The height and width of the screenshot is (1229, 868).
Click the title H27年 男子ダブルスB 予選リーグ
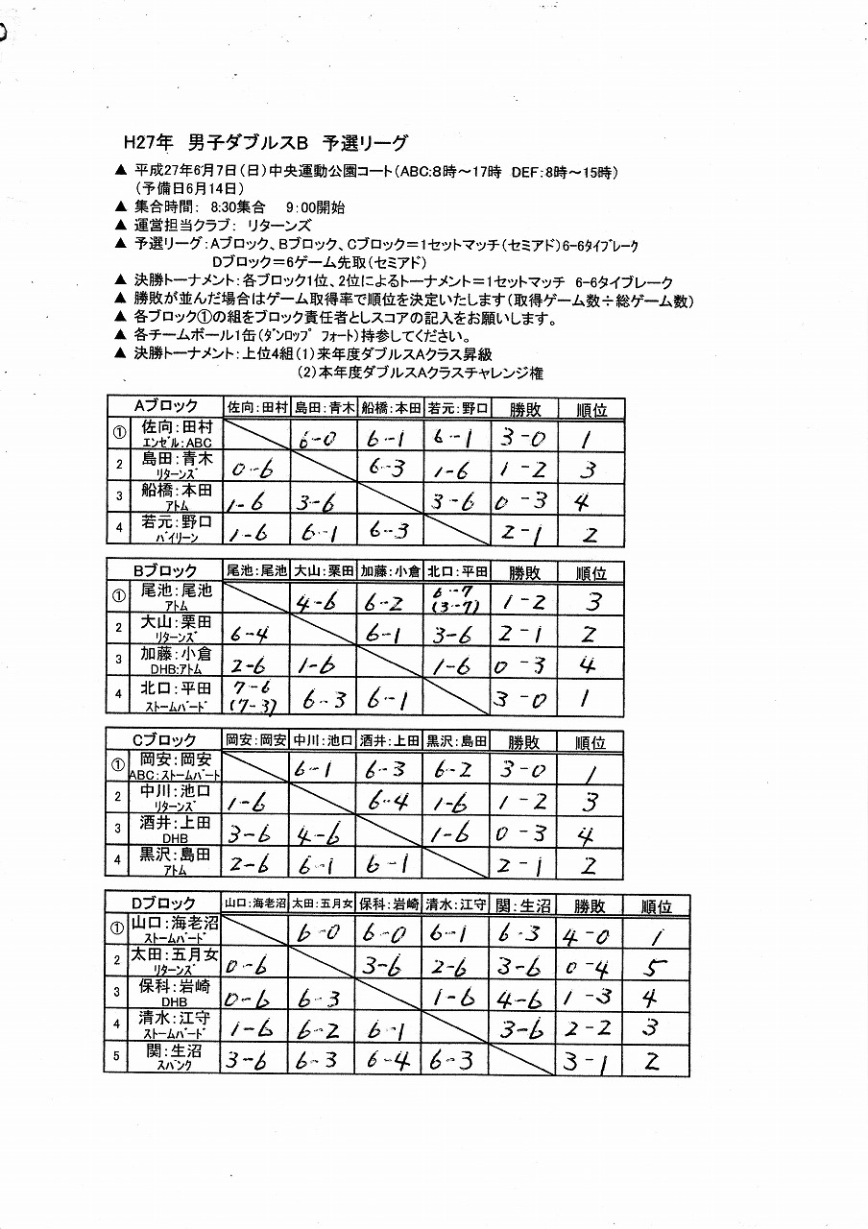click(x=266, y=143)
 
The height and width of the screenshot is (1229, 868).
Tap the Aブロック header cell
click(x=165, y=406)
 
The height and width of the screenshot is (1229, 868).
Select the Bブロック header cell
click(x=165, y=570)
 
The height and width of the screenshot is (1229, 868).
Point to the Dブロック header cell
click(x=164, y=904)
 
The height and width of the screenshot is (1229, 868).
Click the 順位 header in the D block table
click(x=657, y=905)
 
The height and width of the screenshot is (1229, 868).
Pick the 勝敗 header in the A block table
click(x=525, y=408)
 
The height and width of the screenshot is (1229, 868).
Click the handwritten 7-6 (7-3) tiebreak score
click(x=253, y=696)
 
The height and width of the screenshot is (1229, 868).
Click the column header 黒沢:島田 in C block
click(x=458, y=740)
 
